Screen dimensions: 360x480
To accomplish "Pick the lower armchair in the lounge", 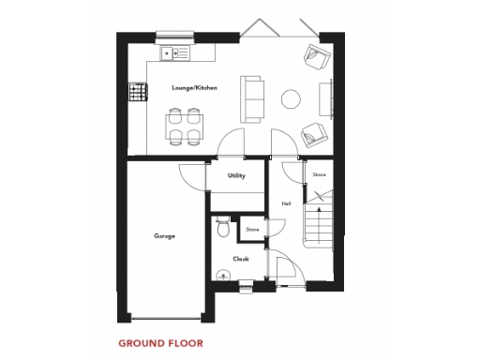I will pos(314,134).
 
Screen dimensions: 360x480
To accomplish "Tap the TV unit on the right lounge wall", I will pos(328,98).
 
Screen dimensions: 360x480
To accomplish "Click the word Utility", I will pos(236,175).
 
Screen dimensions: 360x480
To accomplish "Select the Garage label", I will pos(164,236).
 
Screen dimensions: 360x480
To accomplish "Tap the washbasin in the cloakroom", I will pos(221,276).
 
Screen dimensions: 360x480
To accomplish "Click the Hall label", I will pos(285,203).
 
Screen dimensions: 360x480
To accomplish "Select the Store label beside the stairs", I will pos(318,174).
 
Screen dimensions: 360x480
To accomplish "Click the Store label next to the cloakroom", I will pos(251,229).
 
